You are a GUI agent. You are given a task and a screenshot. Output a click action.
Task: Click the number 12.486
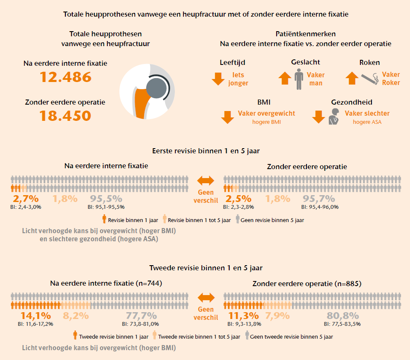(65, 77)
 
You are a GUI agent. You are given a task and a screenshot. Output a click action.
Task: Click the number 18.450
(65, 116)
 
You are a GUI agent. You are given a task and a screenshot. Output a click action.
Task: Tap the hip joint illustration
(147, 91)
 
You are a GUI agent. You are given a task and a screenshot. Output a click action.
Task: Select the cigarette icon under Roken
(370, 79)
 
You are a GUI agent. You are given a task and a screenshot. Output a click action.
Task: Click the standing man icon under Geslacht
(299, 79)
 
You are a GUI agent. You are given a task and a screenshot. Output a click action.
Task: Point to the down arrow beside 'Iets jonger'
(218, 79)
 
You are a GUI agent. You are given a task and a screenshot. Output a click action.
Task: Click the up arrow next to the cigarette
(352, 78)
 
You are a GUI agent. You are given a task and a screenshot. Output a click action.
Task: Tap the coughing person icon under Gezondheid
(334, 117)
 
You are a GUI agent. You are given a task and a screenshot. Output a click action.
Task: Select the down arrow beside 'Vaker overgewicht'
(227, 117)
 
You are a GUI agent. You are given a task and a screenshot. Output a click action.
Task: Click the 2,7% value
(26, 199)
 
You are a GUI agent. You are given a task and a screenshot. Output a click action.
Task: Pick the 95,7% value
(319, 199)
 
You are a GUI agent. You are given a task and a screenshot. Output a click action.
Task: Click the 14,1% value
(35, 316)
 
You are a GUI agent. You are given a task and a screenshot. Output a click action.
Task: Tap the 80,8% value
(343, 316)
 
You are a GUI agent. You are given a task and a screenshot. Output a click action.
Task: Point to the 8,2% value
(76, 316)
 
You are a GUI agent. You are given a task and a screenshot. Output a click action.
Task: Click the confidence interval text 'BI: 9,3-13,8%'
(244, 324)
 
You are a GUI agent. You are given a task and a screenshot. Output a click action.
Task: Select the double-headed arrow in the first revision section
(206, 181)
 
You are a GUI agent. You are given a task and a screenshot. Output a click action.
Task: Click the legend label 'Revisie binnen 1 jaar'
(133, 220)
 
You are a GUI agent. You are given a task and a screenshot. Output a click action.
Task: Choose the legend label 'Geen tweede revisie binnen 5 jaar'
(292, 337)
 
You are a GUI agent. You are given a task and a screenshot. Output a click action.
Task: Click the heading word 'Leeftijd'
(233, 62)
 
